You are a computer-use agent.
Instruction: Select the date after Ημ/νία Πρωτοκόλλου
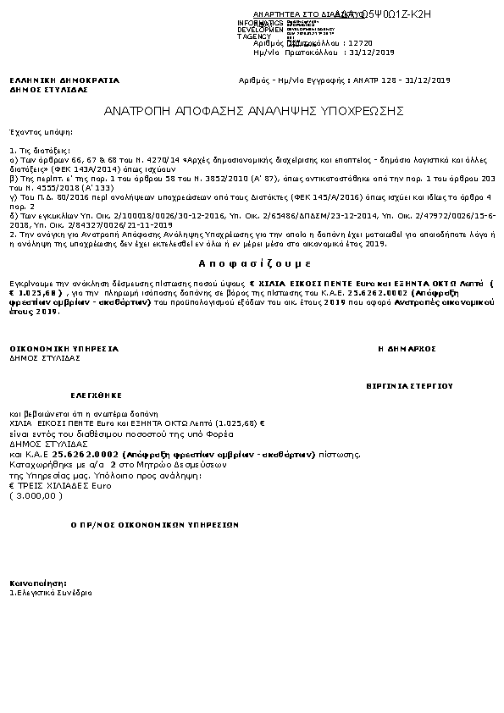(x=373, y=53)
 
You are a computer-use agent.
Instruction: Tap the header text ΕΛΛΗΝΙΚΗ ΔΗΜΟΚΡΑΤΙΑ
(x=64, y=80)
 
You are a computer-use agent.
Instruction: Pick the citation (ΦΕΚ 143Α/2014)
(x=77, y=167)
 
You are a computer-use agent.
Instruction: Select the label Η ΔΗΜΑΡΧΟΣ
(x=407, y=348)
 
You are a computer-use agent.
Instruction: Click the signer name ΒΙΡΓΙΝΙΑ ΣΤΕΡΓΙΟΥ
(x=409, y=385)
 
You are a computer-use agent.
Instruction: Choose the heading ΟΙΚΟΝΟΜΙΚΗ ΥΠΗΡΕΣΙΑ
(x=64, y=348)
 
